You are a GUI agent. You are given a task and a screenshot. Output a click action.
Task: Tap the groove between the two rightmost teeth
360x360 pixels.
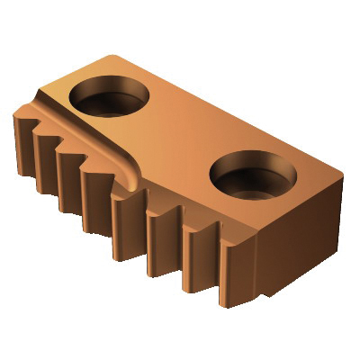(x=216, y=256)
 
